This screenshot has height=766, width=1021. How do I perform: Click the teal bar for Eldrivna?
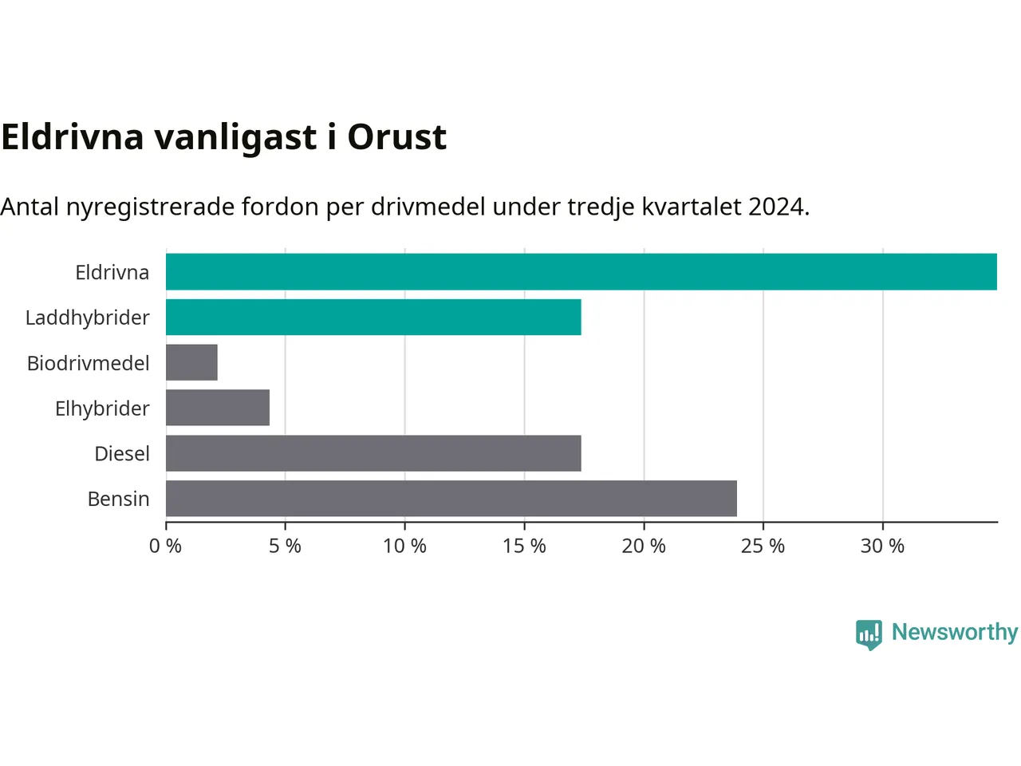pos(581,271)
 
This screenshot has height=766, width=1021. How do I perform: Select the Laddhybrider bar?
pos(373,318)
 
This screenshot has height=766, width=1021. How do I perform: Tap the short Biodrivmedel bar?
pos(191,362)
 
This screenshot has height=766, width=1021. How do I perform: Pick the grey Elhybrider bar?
pos(218,408)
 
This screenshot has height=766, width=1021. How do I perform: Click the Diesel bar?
pos(373,453)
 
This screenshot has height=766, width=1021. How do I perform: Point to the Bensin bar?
pos(451,498)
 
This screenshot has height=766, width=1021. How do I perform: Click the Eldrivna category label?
pos(112,273)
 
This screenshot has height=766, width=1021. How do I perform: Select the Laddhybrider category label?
pos(88,318)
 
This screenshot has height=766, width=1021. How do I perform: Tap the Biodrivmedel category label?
pos(89,363)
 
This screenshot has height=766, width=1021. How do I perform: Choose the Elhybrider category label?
pos(102,409)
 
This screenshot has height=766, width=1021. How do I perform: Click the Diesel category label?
pos(122,453)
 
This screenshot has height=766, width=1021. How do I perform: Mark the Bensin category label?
pos(119,499)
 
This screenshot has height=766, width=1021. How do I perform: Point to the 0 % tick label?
pos(165,546)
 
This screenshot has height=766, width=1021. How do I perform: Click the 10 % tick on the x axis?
pos(404,546)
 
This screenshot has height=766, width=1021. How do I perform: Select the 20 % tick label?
pos(644,546)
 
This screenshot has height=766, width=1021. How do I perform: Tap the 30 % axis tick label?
pos(882,546)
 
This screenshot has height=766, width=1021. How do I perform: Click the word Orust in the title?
pos(396,137)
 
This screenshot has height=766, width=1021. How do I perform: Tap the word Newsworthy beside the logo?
pos(955,633)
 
